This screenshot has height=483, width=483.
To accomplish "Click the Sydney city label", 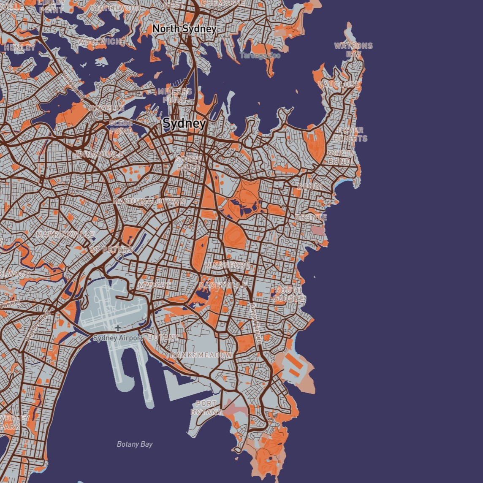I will point(185,124).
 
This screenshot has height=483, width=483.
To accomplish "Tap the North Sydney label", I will point(185,29).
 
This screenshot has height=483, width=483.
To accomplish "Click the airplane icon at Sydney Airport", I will point(118,328).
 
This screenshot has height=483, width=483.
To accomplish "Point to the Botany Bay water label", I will point(135,444).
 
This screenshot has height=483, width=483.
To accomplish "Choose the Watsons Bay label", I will point(353,50).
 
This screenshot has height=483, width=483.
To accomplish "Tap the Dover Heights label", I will point(350,134).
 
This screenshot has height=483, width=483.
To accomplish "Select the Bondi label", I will point(310,186).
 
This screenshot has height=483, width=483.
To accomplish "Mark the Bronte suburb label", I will point(311,217).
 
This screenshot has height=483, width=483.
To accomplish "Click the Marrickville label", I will point(65,234).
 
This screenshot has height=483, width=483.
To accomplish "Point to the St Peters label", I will point(111,250).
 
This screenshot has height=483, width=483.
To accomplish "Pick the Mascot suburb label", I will point(155,285).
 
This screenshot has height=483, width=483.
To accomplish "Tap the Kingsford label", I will point(227,265).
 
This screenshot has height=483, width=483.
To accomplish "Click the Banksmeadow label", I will point(201,355).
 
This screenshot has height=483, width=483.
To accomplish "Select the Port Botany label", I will point(206,407).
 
